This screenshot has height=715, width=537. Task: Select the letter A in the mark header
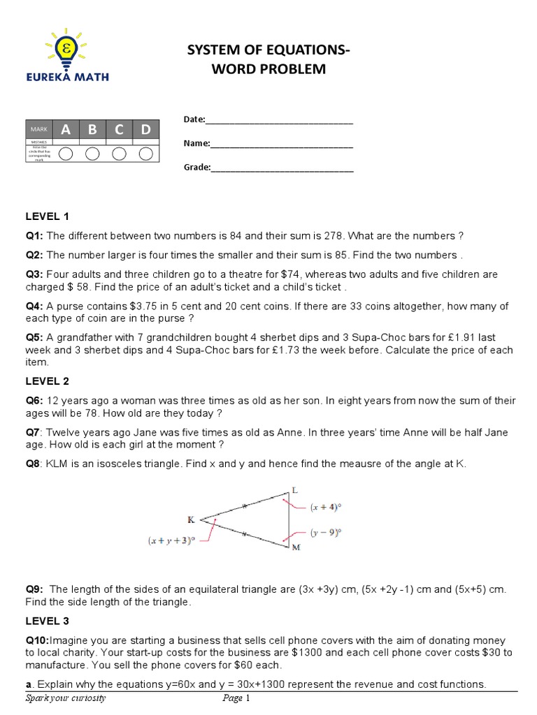click(x=66, y=129)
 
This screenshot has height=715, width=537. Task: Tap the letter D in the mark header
click(x=145, y=129)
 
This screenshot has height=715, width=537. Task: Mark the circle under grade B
click(x=93, y=154)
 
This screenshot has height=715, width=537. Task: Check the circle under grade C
click(x=120, y=154)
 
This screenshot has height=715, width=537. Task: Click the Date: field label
click(x=194, y=120)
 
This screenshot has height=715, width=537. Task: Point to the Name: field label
click(x=196, y=144)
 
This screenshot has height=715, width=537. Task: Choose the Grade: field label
click(x=197, y=168)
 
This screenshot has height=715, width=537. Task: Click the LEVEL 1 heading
click(x=48, y=216)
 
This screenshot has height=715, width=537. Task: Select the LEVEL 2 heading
click(x=48, y=382)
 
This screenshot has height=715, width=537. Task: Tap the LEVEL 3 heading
click(x=48, y=620)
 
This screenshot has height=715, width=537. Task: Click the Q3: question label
click(x=35, y=274)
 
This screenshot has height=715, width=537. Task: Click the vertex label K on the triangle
click(x=191, y=519)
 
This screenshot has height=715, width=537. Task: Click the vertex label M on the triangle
click(x=296, y=548)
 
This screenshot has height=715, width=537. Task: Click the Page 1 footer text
click(x=232, y=698)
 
